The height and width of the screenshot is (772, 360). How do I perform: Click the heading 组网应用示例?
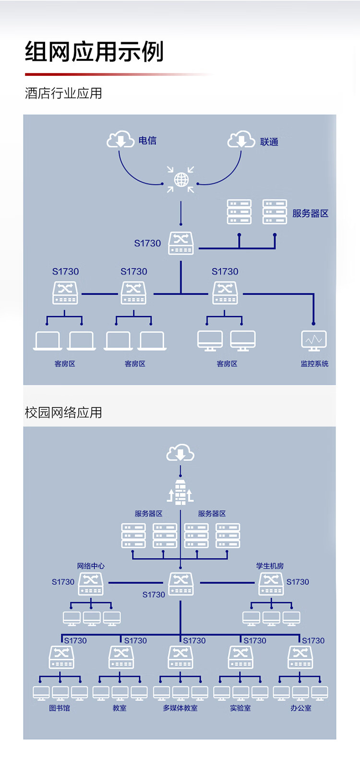pyautogui.click(x=95, y=52)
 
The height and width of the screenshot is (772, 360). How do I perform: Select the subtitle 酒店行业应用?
pyautogui.click(x=63, y=93)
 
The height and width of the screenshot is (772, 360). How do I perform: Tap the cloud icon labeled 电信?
pyautogui.click(x=120, y=139)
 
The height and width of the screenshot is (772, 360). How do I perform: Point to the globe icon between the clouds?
pyautogui.click(x=181, y=180)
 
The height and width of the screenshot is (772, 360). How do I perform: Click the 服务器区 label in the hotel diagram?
pyautogui.click(x=311, y=214)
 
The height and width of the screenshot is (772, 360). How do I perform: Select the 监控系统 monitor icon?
pyautogui.click(x=314, y=340)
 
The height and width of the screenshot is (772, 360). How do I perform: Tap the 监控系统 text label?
pyautogui.click(x=314, y=364)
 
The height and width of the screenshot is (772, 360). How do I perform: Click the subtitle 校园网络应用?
pyautogui.click(x=63, y=413)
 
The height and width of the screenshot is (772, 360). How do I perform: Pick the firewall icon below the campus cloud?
pyautogui.click(x=180, y=492)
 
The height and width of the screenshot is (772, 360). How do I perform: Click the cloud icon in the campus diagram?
pyautogui.click(x=180, y=453)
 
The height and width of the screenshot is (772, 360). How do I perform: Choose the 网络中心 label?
pyautogui.click(x=91, y=566)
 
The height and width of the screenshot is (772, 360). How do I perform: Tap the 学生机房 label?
pyautogui.click(x=270, y=566)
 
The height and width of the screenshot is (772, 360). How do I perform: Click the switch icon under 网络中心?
pyautogui.click(x=91, y=583)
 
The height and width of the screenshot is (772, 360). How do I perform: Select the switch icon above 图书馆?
pyautogui.click(x=61, y=657)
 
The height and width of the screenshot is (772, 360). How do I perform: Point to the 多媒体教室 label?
pyautogui.click(x=180, y=708)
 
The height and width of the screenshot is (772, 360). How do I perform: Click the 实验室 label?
pyautogui.click(x=240, y=708)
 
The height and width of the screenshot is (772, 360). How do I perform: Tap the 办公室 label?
pyautogui.click(x=300, y=708)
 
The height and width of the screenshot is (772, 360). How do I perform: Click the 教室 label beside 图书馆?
pyautogui.click(x=120, y=708)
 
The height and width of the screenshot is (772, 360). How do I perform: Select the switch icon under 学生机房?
pyautogui.click(x=271, y=583)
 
